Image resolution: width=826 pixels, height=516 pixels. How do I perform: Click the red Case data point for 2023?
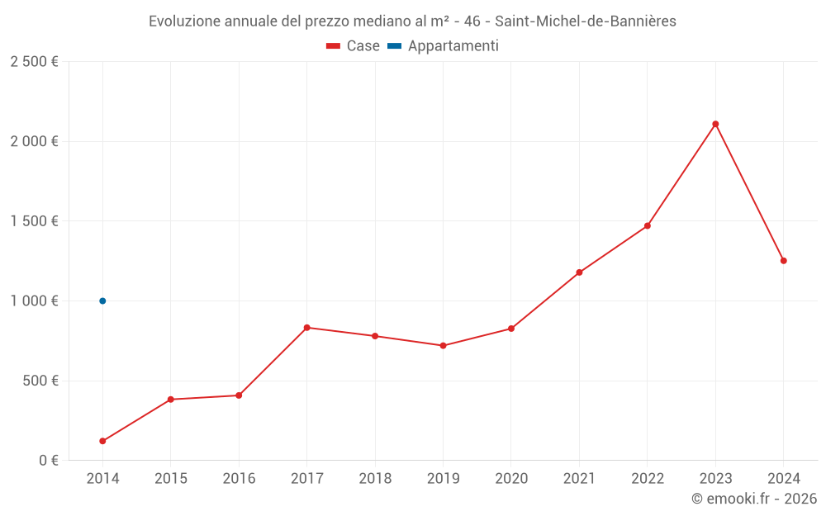(x=715, y=124)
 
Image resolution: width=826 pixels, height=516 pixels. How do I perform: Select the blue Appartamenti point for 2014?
(x=102, y=301)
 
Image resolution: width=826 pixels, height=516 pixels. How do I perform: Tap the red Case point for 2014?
(x=102, y=441)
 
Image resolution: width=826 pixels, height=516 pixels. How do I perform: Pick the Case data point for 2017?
(x=306, y=328)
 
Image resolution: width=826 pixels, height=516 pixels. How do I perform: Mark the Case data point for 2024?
(x=783, y=261)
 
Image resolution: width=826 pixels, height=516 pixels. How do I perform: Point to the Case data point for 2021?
(x=579, y=272)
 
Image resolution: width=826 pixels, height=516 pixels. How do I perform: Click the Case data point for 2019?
(x=443, y=346)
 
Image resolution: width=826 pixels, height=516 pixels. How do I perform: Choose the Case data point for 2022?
(x=648, y=225)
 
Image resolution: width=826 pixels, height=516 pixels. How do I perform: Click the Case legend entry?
(x=353, y=46)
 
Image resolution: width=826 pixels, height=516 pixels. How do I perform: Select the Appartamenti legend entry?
(x=444, y=46)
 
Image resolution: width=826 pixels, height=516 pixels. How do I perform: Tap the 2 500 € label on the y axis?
(x=34, y=62)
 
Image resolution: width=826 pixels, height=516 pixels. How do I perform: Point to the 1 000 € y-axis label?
(x=34, y=301)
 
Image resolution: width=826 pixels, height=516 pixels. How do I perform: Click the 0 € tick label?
(x=45, y=461)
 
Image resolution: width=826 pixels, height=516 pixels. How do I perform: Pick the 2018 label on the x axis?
(x=375, y=479)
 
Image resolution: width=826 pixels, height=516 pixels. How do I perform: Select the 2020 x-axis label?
(x=511, y=479)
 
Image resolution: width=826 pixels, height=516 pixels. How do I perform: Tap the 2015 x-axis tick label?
(x=171, y=479)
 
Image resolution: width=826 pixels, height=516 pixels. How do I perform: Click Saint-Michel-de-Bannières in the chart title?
(x=586, y=21)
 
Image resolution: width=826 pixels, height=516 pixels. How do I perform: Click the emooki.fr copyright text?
(x=754, y=499)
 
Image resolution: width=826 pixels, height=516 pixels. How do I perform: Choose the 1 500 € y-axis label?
(x=34, y=221)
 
